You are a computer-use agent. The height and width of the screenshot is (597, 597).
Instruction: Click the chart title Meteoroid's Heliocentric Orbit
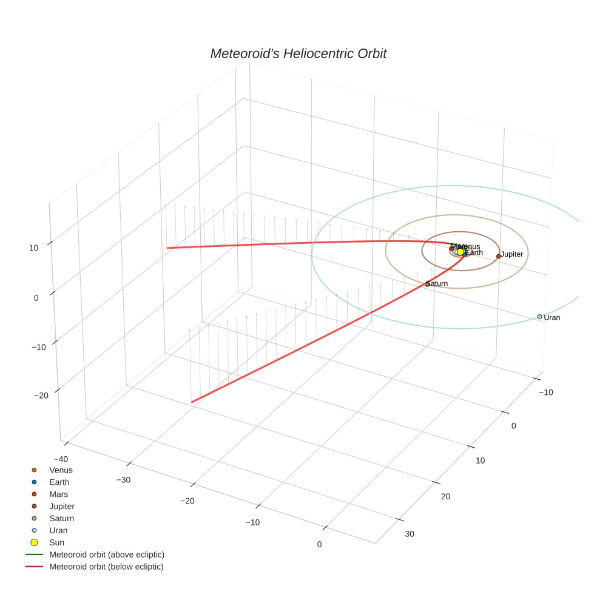(298, 53)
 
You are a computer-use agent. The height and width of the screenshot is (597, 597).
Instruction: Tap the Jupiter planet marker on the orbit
(498, 256)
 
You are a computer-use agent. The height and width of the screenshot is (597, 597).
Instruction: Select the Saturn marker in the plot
(427, 284)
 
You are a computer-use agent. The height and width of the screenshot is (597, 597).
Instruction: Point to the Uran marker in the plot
(539, 317)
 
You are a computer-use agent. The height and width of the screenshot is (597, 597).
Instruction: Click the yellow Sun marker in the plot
(460, 251)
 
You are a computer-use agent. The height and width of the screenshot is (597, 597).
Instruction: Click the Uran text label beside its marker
(552, 318)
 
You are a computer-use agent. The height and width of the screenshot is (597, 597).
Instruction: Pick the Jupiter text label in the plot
(512, 254)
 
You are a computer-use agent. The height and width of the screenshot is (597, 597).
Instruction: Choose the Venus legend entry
(61, 470)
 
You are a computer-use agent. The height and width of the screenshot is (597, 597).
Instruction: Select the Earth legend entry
(59, 482)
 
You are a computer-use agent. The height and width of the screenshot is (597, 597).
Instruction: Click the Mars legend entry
(58, 494)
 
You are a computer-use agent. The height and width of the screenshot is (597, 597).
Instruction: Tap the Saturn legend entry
(61, 519)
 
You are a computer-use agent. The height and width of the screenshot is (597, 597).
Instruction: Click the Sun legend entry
(56, 542)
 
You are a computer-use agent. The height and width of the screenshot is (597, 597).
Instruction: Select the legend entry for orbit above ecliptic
(107, 555)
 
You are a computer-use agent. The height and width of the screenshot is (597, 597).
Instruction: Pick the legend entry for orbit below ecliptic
(106, 567)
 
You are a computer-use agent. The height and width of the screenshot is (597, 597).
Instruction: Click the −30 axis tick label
(123, 479)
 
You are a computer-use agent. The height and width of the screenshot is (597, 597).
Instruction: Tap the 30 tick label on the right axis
(410, 534)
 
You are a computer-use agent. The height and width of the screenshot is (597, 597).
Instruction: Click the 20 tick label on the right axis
(445, 497)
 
